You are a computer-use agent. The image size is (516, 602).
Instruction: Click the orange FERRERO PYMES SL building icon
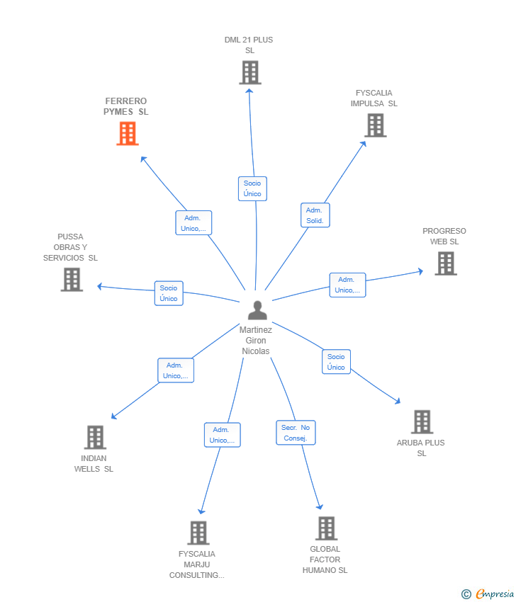pyautogui.click(x=127, y=133)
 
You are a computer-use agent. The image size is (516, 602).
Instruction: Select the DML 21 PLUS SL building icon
pyautogui.click(x=249, y=72)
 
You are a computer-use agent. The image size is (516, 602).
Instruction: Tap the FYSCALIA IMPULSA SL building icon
pyautogui.click(x=375, y=125)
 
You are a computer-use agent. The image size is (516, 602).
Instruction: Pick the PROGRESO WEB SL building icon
pyautogui.click(x=445, y=263)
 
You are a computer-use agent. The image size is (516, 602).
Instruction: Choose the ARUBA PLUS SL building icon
pyautogui.click(x=422, y=422)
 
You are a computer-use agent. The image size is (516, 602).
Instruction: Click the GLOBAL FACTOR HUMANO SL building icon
pyautogui.click(x=326, y=528)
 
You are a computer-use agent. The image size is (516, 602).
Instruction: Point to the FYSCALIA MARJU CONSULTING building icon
pyautogui.click(x=198, y=533)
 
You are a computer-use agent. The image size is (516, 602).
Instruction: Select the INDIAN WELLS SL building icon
pyautogui.click(x=95, y=438)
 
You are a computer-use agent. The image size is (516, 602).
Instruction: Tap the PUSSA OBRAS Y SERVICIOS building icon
pyautogui.click(x=72, y=280)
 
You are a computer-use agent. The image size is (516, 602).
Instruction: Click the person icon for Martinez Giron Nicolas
pyautogui.click(x=257, y=310)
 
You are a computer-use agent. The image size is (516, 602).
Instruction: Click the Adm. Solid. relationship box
pyautogui.click(x=315, y=215)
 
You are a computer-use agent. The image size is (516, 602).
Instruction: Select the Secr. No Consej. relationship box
pyautogui.click(x=296, y=433)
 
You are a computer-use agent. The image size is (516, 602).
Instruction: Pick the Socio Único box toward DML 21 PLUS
pyautogui.click(x=252, y=188)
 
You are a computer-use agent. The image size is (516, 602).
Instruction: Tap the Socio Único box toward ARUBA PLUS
pyautogui.click(x=336, y=362)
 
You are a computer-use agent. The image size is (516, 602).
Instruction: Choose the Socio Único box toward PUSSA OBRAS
pyautogui.click(x=169, y=293)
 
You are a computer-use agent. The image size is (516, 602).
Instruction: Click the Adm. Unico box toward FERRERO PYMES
pyautogui.click(x=193, y=223)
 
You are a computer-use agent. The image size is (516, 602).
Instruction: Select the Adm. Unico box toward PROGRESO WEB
pyautogui.click(x=347, y=285)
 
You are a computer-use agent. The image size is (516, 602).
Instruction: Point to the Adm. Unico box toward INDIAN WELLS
pyautogui.click(x=176, y=370)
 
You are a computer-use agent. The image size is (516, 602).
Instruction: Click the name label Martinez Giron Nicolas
pyautogui.click(x=256, y=341)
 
